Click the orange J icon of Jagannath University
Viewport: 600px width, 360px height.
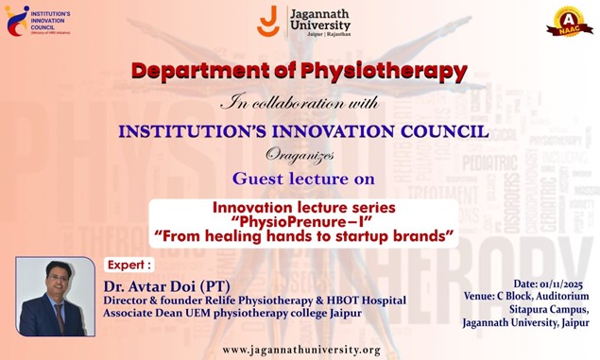(267, 21)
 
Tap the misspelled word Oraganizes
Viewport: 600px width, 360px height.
(299, 154)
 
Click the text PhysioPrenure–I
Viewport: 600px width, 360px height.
(303, 220)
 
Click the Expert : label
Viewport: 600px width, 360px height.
(129, 266)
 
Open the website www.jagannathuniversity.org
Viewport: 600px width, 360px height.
(301, 350)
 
